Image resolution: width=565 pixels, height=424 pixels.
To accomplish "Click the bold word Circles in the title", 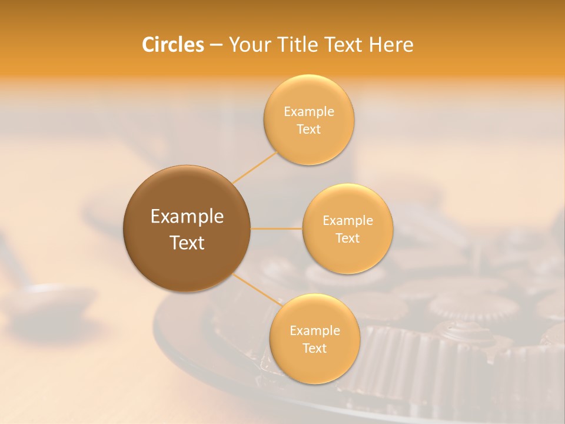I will click(172, 45).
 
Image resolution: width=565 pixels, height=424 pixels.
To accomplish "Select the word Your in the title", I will click(248, 45).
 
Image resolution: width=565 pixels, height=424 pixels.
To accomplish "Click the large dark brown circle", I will click(187, 228).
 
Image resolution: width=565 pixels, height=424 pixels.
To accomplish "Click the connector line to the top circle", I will click(254, 167).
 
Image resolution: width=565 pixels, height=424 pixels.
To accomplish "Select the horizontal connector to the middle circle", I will click(276, 228).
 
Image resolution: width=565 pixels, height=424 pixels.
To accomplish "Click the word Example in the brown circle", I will click(187, 217).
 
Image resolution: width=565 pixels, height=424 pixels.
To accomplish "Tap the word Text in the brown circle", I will click(187, 243).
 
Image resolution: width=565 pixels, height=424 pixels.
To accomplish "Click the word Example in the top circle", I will click(308, 112).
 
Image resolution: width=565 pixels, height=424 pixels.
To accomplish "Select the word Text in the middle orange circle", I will click(347, 238).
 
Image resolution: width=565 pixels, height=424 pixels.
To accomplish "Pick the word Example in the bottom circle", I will click(314, 331).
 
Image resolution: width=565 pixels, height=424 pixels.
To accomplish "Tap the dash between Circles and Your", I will click(216, 45).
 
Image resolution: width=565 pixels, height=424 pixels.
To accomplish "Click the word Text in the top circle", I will click(308, 130).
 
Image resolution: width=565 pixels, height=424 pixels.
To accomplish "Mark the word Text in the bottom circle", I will click(314, 349).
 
